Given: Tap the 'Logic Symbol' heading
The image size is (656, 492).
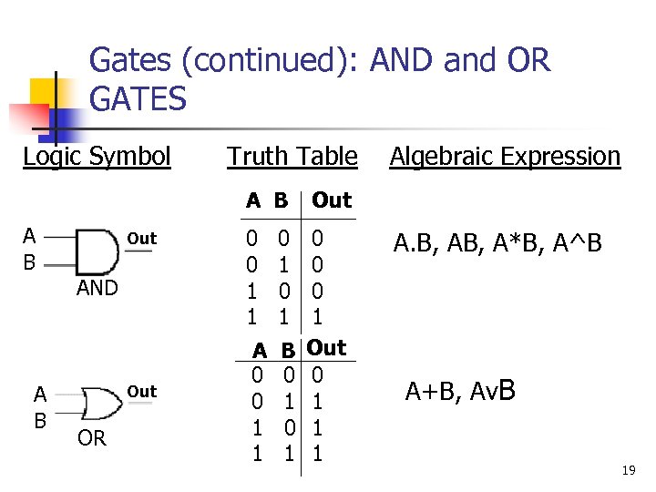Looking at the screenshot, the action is tap(97, 157).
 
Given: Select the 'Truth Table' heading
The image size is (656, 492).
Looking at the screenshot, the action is tap(292, 157).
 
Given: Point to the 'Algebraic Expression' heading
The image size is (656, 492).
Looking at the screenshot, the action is tap(505, 157).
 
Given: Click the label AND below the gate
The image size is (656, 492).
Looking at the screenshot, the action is tap(97, 288).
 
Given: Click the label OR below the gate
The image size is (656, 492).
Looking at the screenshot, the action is tap(92, 438).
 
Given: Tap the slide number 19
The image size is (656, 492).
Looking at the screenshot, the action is tap(628, 470).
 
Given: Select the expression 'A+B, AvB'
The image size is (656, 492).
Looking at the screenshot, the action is tap(461, 392).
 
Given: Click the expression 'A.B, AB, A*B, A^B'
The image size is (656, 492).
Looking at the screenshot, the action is tap(497, 244).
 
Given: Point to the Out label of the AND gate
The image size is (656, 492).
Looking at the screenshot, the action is tap(142, 239).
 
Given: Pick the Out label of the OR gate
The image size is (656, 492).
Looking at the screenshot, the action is tap(142, 392).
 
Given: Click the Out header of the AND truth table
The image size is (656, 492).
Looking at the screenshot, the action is tap(331, 200).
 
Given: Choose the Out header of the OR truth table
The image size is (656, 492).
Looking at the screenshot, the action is tap(326, 348).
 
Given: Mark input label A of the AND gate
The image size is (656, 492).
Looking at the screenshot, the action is tap(30, 237).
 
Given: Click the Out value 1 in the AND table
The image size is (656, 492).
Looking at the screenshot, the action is tap(317, 317).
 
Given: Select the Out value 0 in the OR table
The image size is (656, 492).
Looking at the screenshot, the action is tap(317, 374).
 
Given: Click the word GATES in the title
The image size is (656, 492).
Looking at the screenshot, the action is tap(138, 98).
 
